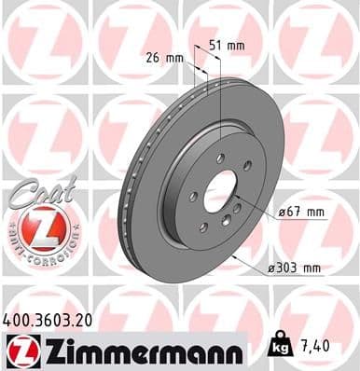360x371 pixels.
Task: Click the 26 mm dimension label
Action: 164,57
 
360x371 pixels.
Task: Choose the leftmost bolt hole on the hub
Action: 192,197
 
